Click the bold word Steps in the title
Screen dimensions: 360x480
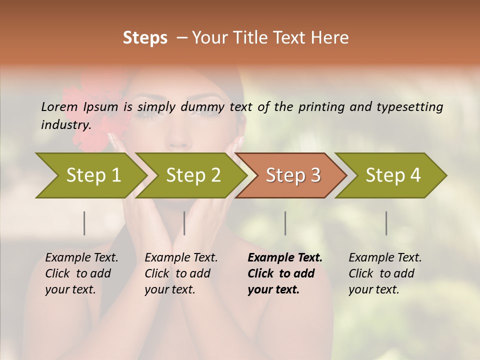point(145,38)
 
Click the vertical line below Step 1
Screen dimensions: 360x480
point(84,223)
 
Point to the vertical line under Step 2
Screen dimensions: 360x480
point(184,223)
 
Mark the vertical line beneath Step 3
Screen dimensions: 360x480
point(285,223)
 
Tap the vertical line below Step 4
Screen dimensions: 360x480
point(386,223)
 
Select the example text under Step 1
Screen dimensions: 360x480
point(81,273)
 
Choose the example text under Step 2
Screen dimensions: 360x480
point(181,273)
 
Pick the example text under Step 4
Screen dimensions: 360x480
point(384,273)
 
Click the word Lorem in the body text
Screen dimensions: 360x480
point(59,106)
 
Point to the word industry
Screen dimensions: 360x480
point(66,124)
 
